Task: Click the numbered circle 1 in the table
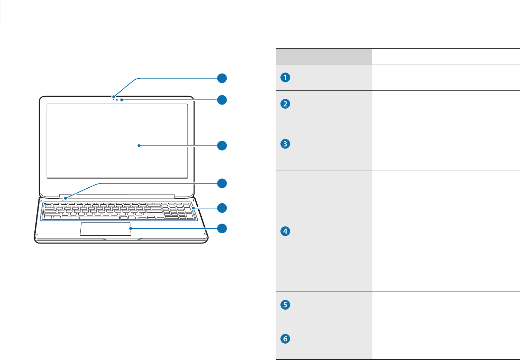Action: coord(285,77)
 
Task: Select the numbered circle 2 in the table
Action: coord(285,104)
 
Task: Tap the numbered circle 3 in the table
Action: coord(285,144)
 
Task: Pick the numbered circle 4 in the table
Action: coord(285,231)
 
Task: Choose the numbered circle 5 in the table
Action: coord(285,304)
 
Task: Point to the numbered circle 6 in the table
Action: coord(285,339)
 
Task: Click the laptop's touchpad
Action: coord(106,229)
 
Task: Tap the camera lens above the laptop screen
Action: coord(117,100)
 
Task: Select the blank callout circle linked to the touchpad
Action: coord(222,228)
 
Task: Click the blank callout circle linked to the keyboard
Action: coord(222,208)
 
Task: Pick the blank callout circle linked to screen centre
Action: coord(222,146)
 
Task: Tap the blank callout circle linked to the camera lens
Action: coord(222,100)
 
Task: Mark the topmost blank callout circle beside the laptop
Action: coord(222,78)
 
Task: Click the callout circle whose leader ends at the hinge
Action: coord(222,183)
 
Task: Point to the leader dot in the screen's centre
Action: coord(139,146)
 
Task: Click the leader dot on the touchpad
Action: coord(131,228)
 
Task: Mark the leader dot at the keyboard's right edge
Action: coord(193,208)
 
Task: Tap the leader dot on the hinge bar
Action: coord(65,198)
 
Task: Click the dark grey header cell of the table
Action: coord(323,57)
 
